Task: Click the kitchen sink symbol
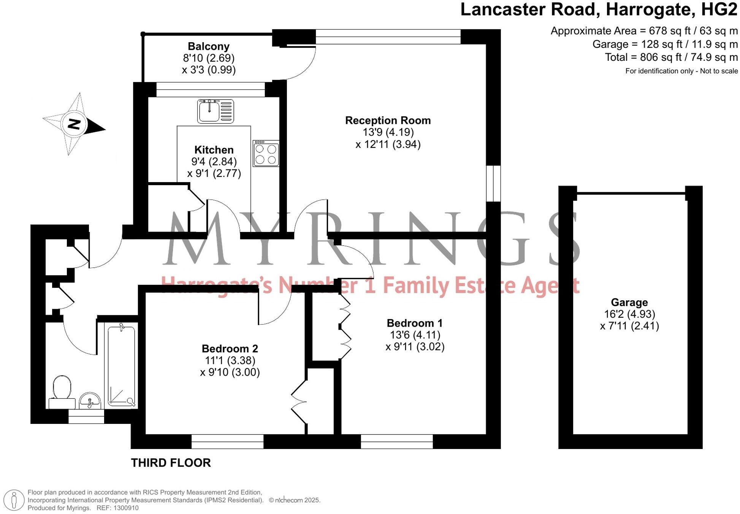coord(215,111)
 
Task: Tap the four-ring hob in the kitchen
coord(266,154)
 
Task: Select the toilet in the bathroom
coord(62,389)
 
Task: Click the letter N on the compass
coord(74,124)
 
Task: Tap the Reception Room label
coord(388,121)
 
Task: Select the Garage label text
coord(629,302)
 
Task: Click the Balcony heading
coord(209,46)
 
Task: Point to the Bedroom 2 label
coord(230,349)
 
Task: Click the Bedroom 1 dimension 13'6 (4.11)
coord(415,335)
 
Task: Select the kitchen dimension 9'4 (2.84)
coord(214,162)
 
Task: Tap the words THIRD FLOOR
coord(171,463)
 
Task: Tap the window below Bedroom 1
coord(396,441)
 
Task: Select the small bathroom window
coord(86,417)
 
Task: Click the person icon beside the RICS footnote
coord(14,500)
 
